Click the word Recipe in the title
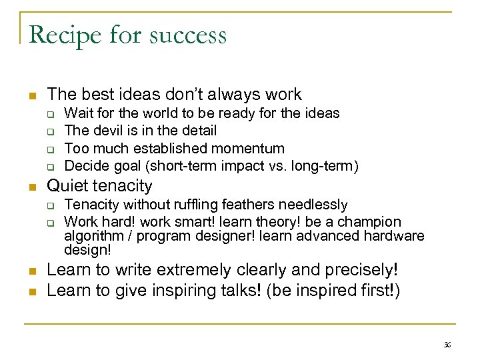coord(61,35)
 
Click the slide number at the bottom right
coord(447,345)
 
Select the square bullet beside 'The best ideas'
coord(31,95)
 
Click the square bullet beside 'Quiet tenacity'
coord(31,187)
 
